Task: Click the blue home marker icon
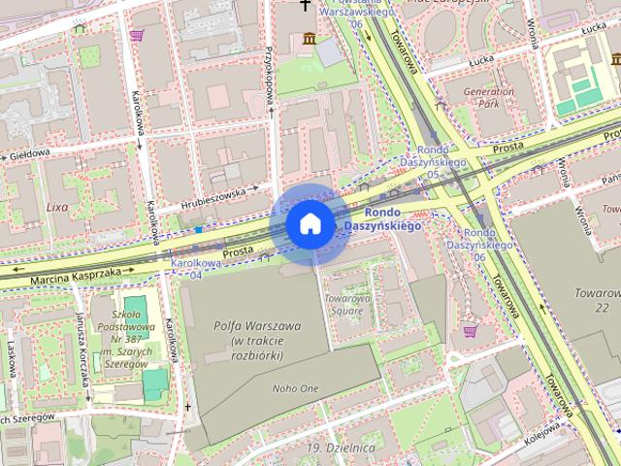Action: tap(310, 224)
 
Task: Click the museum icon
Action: tap(309, 39)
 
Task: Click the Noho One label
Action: tap(295, 388)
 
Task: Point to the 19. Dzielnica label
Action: tap(340, 448)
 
